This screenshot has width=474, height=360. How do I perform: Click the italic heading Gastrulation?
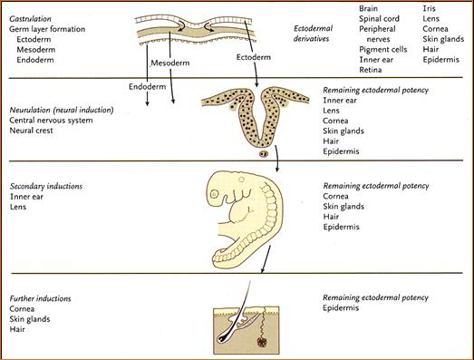tap(30, 19)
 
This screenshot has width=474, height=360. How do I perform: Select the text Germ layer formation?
tap(47, 29)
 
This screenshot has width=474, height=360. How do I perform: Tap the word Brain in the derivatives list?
tap(368, 8)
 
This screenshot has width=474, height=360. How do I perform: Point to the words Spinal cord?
tap(379, 19)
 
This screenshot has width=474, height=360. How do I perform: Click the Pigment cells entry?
tap(383, 50)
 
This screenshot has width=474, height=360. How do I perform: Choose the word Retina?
tap(371, 70)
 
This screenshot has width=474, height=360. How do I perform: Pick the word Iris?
tap(429, 8)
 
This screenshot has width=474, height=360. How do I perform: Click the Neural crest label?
tap(31, 131)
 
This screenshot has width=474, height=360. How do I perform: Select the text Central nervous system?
tap(51, 121)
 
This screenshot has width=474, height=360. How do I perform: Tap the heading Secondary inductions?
tap(46, 186)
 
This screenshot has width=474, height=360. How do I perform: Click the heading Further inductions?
tap(40, 298)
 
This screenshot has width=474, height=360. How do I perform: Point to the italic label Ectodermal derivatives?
tap(313, 34)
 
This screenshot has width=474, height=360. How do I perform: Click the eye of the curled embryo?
tap(214, 194)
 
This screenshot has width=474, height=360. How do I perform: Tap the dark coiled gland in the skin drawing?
tap(262, 342)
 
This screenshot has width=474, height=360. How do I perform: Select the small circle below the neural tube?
tap(264, 154)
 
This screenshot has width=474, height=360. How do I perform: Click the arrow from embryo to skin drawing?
tap(266, 259)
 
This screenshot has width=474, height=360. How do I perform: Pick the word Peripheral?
tap(377, 29)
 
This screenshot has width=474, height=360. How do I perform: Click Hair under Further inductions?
tap(17, 329)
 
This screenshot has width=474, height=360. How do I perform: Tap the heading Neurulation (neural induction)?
tap(62, 110)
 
